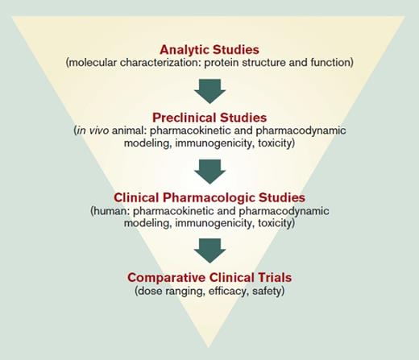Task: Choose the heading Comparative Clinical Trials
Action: point(210,277)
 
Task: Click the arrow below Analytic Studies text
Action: point(210,89)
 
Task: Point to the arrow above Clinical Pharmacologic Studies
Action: point(210,168)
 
